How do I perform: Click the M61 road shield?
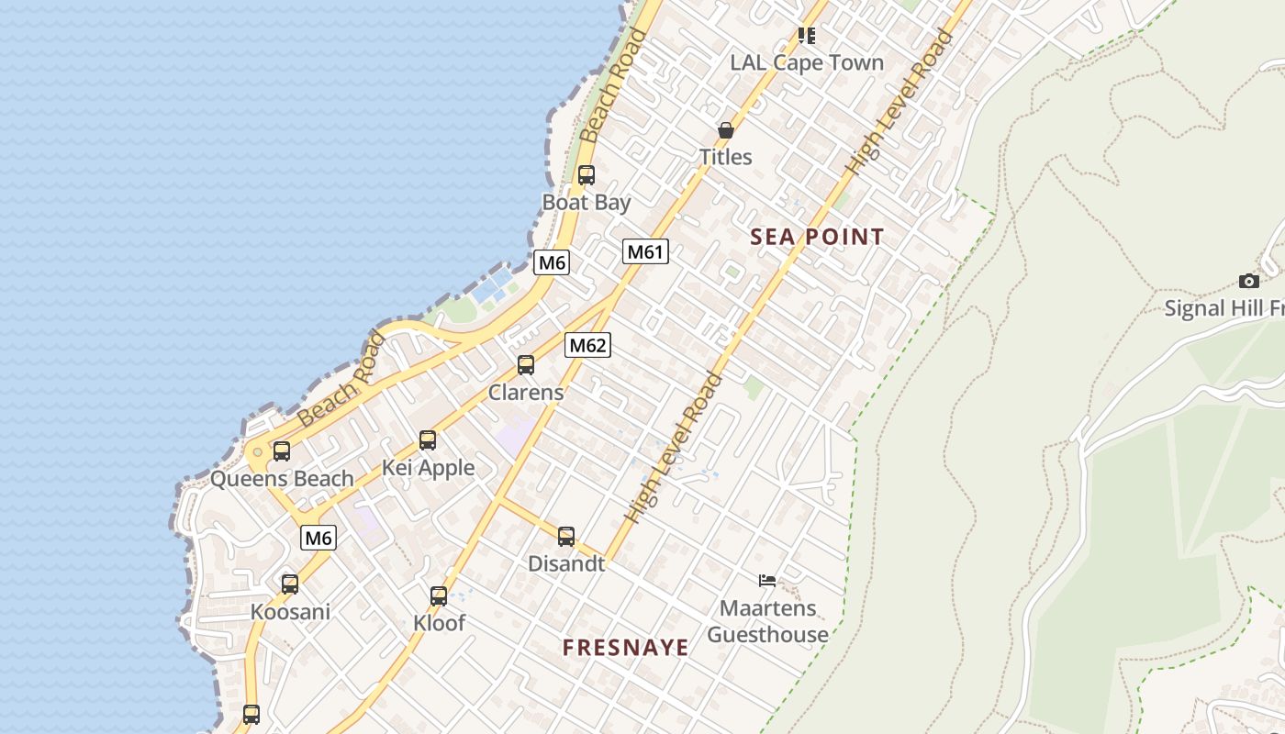pos(645,251)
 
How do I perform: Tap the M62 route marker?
pos(587,345)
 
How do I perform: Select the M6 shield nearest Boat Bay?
pos(552,262)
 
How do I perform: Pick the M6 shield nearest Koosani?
pos(318,538)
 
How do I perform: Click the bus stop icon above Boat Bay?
pos(587,174)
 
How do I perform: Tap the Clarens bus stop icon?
pos(526,365)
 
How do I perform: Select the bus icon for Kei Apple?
pos(428,440)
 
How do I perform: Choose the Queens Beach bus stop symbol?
pos(282,451)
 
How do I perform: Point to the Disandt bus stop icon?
pos(566,537)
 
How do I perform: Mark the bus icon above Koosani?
pos(290,584)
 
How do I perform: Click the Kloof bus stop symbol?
pos(439,596)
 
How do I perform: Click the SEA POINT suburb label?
pos(817,237)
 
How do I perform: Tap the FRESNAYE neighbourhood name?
pos(626,648)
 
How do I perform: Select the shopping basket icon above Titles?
pos(726,130)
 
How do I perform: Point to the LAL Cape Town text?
pos(807,62)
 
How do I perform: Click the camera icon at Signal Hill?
pos(1248,281)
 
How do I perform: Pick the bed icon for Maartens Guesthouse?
pos(767,580)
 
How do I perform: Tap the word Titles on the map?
pos(726,157)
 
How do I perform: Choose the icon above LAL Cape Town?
pos(807,35)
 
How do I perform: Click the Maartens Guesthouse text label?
pos(767,621)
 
